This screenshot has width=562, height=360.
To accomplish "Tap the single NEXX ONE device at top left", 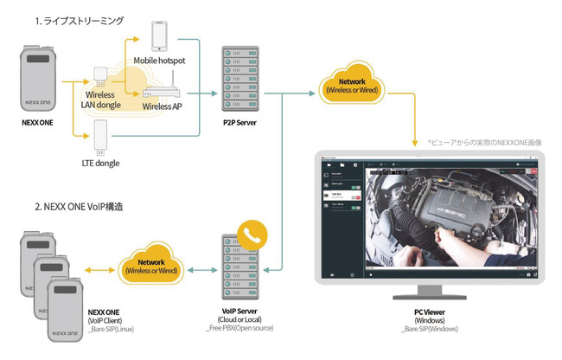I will click(x=42, y=80).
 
